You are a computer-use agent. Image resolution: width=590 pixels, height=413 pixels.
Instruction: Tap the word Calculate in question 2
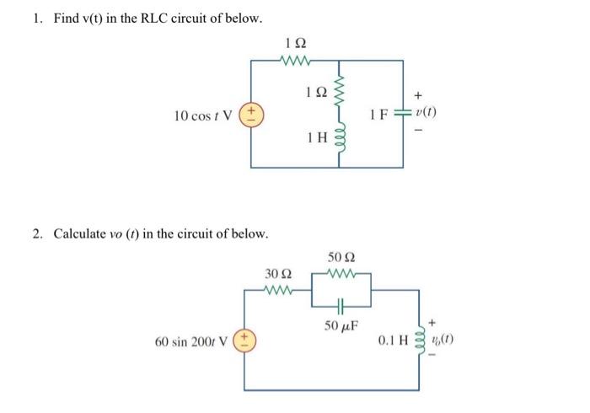(83, 233)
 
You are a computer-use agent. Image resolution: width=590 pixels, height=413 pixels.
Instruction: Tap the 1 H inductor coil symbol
(341, 142)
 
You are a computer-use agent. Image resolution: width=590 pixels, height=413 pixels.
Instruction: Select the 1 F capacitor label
(380, 115)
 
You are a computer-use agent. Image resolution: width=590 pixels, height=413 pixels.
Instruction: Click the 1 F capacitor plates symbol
(402, 115)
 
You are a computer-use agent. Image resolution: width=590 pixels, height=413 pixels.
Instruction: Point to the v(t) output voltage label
(425, 115)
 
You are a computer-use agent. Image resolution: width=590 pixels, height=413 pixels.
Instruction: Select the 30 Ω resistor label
(278, 273)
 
